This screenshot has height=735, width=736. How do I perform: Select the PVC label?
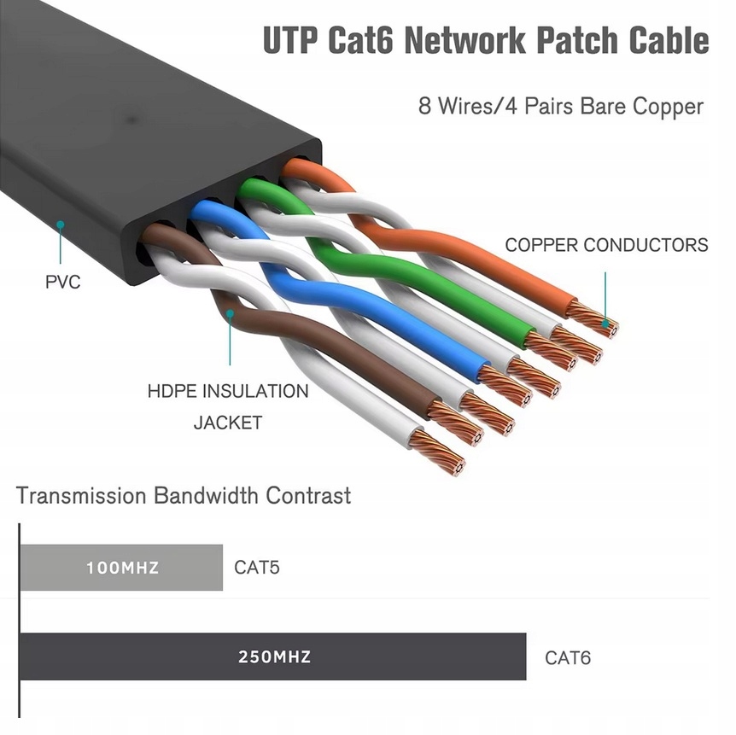(x=62, y=282)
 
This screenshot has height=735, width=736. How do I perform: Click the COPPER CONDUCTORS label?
(x=606, y=246)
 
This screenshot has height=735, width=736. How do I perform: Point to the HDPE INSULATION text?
(x=228, y=392)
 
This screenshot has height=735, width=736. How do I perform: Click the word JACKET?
(x=228, y=423)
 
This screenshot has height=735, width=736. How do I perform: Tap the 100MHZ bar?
(x=121, y=567)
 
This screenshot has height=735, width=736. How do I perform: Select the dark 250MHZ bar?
(x=272, y=656)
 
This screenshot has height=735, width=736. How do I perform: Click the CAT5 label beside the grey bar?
(x=257, y=567)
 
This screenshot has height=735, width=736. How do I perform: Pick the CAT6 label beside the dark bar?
(x=568, y=657)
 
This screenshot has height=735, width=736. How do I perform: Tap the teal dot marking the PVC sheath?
(x=60, y=225)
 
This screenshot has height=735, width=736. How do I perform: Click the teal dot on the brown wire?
(x=230, y=315)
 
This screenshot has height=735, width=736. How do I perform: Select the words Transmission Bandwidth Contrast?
(x=184, y=495)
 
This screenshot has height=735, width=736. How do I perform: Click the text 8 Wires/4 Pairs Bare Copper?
(x=560, y=107)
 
